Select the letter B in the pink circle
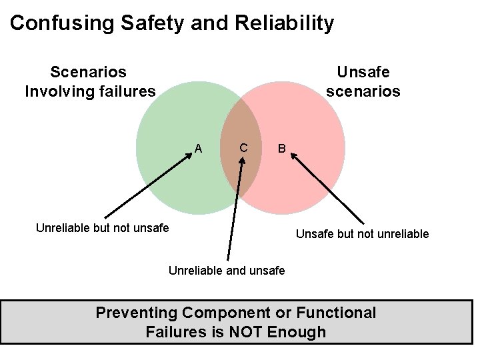282,149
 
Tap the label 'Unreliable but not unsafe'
102,227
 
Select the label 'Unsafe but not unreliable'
363,234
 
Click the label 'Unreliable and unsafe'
227,270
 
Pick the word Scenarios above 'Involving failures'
89,71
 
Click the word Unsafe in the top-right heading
363,71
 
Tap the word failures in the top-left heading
124,90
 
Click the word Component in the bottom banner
229,313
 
